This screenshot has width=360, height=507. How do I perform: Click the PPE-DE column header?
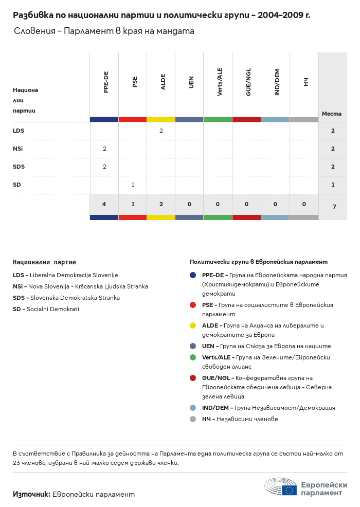tap(106, 82)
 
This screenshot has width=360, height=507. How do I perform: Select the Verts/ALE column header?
tap(220, 82)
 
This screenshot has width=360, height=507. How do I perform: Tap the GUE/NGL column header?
tap(248, 82)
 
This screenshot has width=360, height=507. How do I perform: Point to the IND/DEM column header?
tap(277, 82)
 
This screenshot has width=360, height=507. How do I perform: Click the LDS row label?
tap(19, 131)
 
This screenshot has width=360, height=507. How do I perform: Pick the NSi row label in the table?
tap(18, 149)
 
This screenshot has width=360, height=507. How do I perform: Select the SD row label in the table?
tap(16, 185)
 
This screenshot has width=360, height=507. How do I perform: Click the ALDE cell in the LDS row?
tap(161, 131)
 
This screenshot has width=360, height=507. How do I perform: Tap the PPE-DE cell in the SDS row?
tap(104, 167)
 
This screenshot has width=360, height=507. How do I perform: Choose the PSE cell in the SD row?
tap(133, 185)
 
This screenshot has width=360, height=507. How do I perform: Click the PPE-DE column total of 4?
tap(104, 204)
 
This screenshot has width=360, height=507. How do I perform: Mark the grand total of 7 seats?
tap(334, 207)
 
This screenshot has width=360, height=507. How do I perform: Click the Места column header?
tap(332, 114)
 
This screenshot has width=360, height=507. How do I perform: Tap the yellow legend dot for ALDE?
tap(193, 325)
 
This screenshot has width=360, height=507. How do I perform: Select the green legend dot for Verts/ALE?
tap(193, 357)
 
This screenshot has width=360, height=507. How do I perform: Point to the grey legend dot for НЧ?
tap(193, 419)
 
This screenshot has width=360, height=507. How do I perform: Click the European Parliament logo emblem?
tap(281, 486)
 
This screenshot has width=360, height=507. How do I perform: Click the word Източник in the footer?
tap(31, 494)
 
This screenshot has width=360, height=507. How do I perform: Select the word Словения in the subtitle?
tap(34, 31)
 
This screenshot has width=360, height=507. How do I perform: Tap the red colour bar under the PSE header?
tap(133, 119)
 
